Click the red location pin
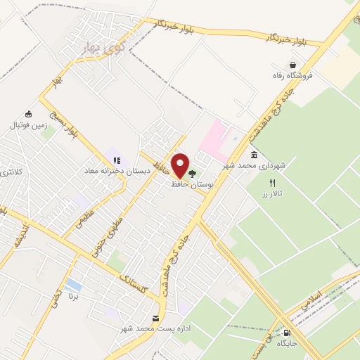point(180,165)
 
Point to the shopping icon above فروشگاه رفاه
point(283,65)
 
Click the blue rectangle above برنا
point(74,285)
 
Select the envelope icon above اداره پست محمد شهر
point(155,319)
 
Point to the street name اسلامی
point(310,301)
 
